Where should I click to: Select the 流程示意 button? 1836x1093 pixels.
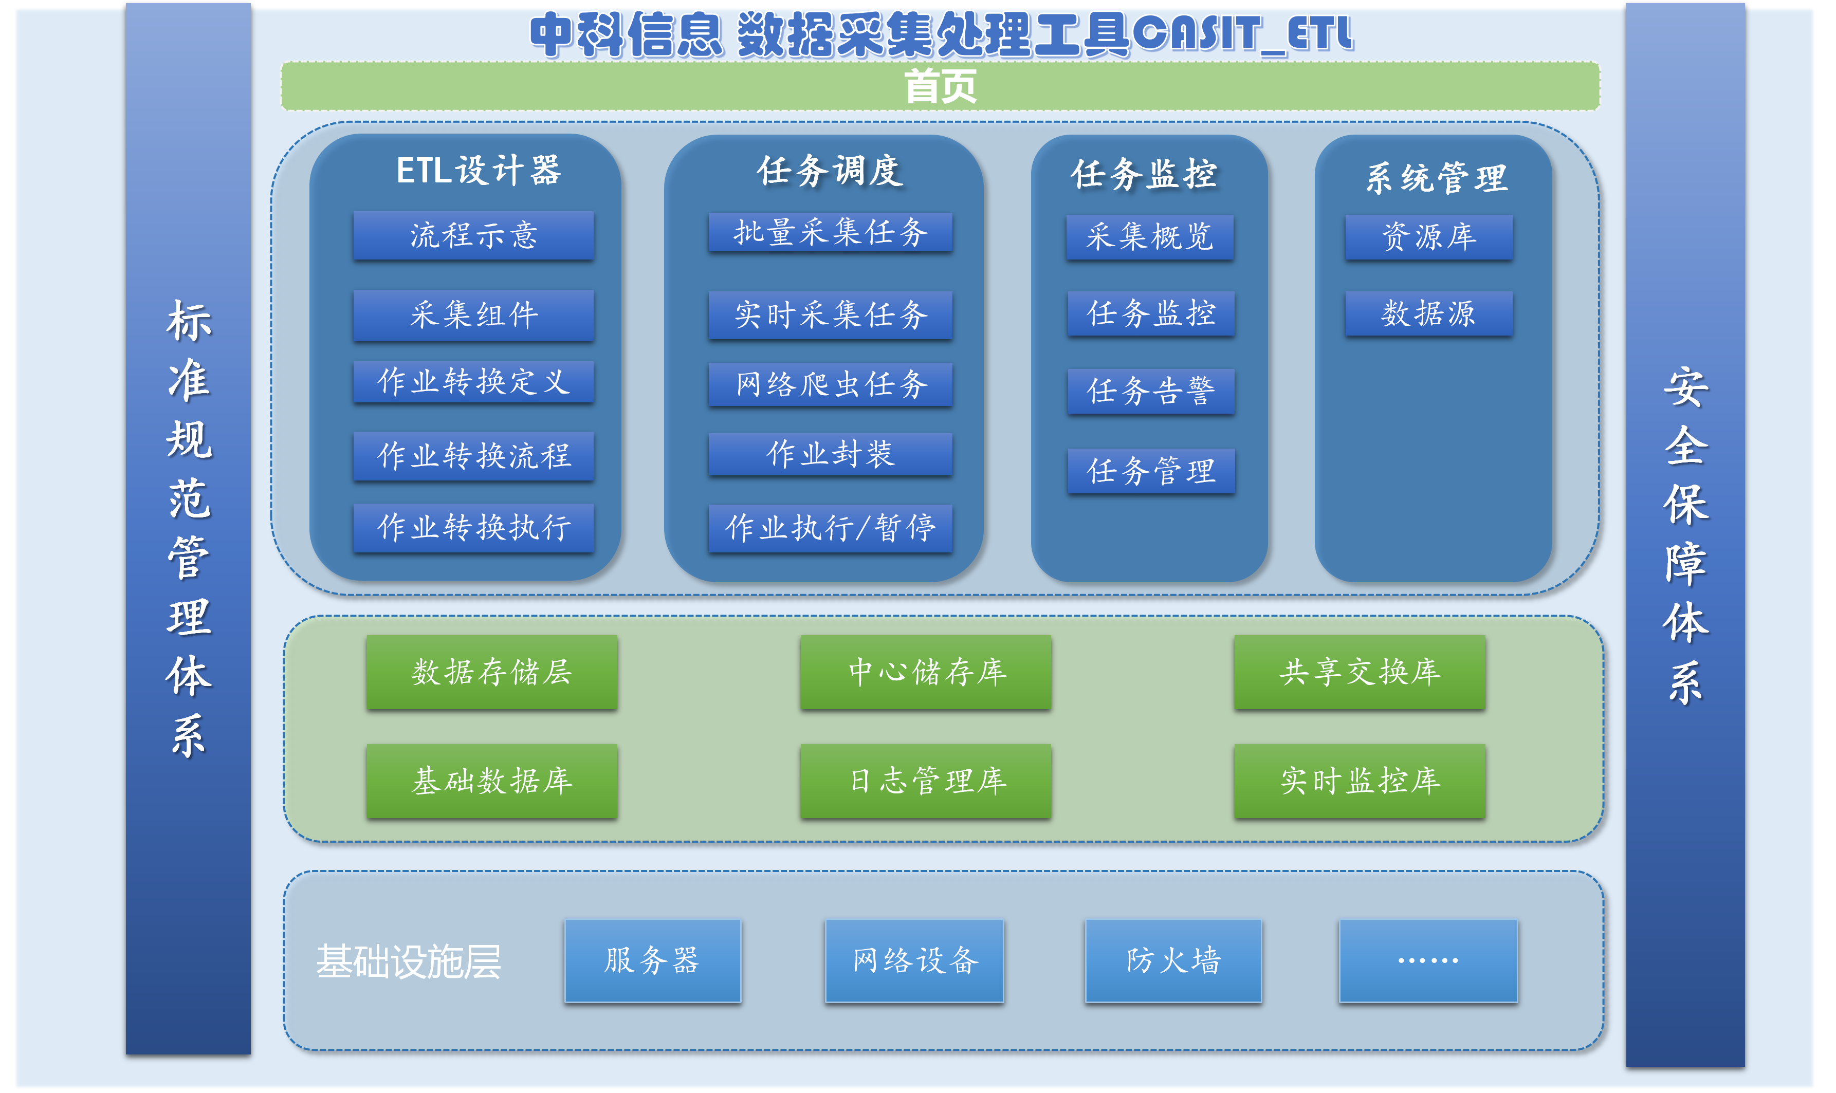coord(473,236)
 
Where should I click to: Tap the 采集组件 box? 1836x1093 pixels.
coord(473,314)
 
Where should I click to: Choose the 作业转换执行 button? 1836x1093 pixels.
coord(473,527)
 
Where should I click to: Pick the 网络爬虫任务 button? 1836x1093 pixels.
coord(830,384)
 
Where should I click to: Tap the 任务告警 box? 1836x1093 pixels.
coord(1150,391)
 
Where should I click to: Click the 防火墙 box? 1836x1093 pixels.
coord(1172,960)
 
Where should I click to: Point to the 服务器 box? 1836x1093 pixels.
coord(652,960)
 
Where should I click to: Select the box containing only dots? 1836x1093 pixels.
coord(1428,960)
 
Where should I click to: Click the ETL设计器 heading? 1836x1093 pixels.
coord(478,171)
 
